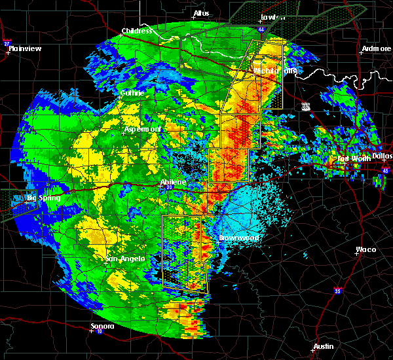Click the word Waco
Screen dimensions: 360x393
click(x=365, y=249)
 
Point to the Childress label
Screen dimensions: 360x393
click(x=137, y=31)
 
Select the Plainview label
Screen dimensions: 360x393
click(x=25, y=48)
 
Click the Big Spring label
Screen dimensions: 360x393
click(x=43, y=198)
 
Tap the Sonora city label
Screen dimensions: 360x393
click(x=102, y=326)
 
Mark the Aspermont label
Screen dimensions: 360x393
click(x=142, y=130)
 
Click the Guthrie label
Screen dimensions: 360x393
click(x=132, y=93)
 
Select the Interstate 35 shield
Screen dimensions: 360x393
click(x=337, y=291)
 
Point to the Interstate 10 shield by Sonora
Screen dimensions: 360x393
click(x=98, y=331)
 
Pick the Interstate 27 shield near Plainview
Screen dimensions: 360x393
click(x=7, y=43)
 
